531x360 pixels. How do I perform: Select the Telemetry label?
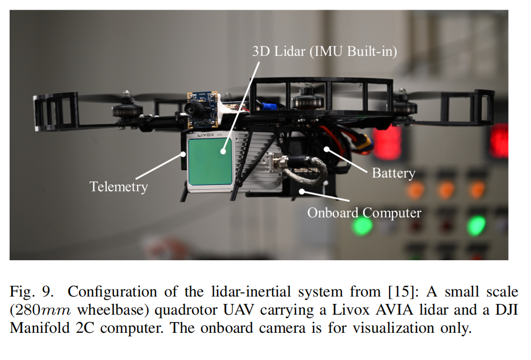point(118,186)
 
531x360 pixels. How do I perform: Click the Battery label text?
point(393,173)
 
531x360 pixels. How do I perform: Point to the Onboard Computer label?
point(364,213)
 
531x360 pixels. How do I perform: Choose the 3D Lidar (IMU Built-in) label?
point(325,52)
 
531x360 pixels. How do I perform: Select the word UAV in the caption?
point(258,310)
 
